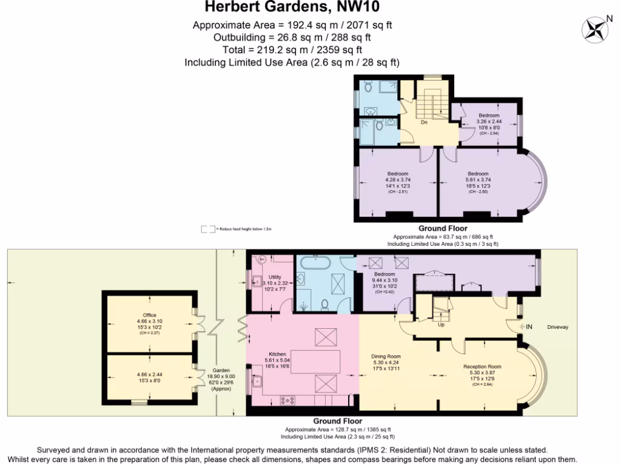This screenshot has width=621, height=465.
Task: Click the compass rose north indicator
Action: pyautogui.click(x=594, y=28)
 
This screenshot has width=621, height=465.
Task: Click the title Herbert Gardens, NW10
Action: pyautogui.click(x=293, y=8)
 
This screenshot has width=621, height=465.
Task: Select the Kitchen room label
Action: pyautogui.click(x=277, y=354)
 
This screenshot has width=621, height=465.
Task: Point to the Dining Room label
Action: pyautogui.click(x=386, y=356)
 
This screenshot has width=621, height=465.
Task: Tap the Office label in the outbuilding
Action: pyautogui.click(x=150, y=315)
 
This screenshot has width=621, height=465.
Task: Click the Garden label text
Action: pyautogui.click(x=221, y=371)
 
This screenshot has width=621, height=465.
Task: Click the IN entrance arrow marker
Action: pyautogui.click(x=525, y=328)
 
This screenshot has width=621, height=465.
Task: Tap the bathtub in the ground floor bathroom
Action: pyautogui.click(x=314, y=263)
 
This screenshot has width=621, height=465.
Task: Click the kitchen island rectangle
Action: pyautogui.click(x=315, y=362)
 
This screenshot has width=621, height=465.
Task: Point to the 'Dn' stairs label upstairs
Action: pyautogui.click(x=425, y=122)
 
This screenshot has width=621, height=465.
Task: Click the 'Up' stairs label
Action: pyautogui.click(x=440, y=324)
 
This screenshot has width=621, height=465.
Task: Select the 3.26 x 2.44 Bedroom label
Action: pyautogui.click(x=488, y=116)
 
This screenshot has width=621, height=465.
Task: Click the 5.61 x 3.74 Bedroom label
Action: pyautogui.click(x=478, y=174)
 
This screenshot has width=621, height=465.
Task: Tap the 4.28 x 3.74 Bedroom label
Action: pyautogui.click(x=398, y=174)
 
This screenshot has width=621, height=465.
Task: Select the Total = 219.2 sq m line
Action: pyautogui.click(x=292, y=50)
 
